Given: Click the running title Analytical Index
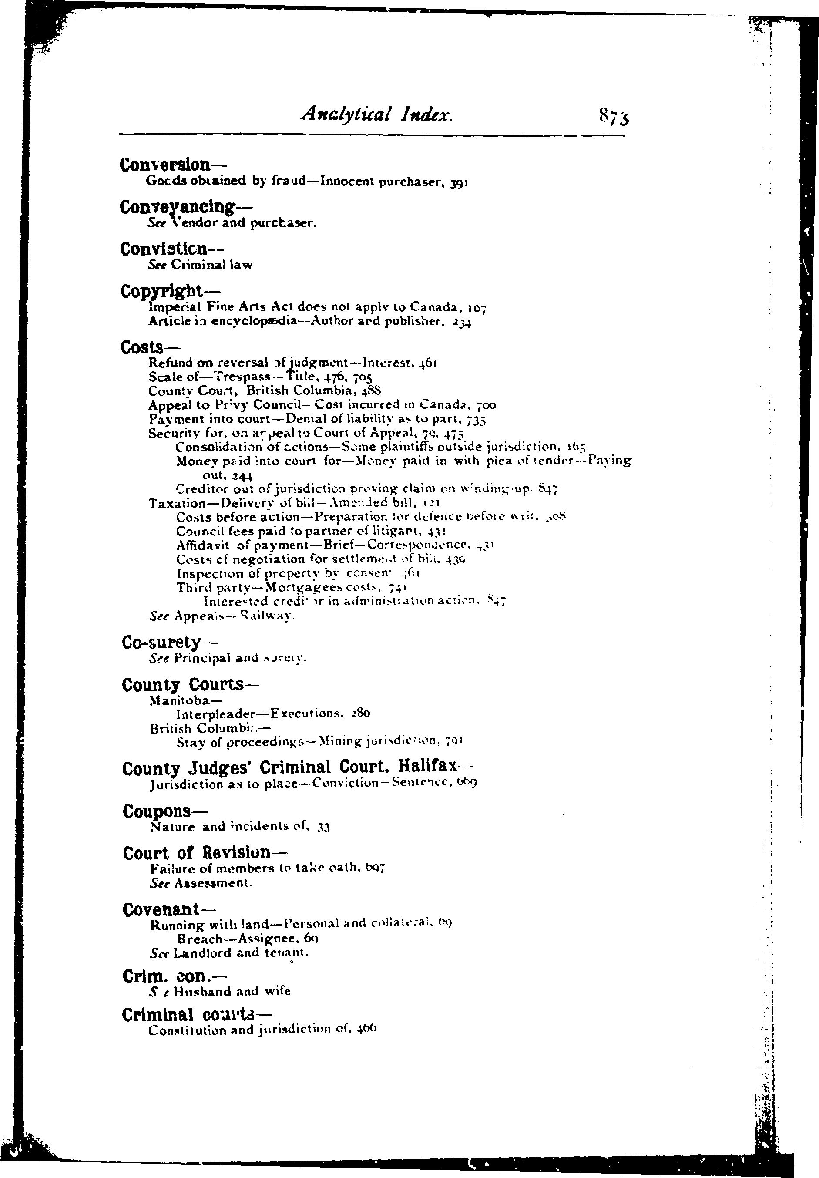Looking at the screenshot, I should click(377, 114).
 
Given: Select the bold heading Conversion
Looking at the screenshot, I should click(164, 165).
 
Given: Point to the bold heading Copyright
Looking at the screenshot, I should click(162, 291).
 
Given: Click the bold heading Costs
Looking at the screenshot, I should click(138, 348).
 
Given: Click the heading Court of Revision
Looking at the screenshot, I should click(196, 853).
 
